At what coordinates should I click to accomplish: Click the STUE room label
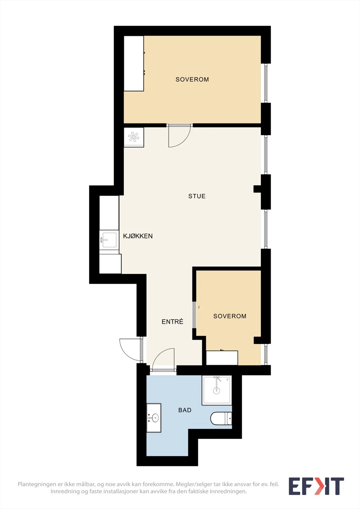(x=197, y=196)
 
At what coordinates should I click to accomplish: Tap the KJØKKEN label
(x=138, y=236)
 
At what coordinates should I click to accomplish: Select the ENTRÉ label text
(x=173, y=322)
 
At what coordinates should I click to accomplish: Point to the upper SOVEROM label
(x=192, y=80)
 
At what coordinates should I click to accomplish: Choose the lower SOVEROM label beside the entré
(x=230, y=316)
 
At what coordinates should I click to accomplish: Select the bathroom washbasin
(x=154, y=418)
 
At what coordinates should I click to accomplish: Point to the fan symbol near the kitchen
(x=133, y=137)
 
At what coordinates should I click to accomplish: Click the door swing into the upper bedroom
(x=179, y=136)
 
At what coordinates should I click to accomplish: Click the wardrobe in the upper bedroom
(x=134, y=63)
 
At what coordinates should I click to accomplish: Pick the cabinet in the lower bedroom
(x=222, y=358)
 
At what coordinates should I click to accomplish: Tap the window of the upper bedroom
(x=266, y=83)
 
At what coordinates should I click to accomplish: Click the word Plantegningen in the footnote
(x=37, y=485)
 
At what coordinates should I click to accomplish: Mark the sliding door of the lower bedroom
(x=194, y=315)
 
